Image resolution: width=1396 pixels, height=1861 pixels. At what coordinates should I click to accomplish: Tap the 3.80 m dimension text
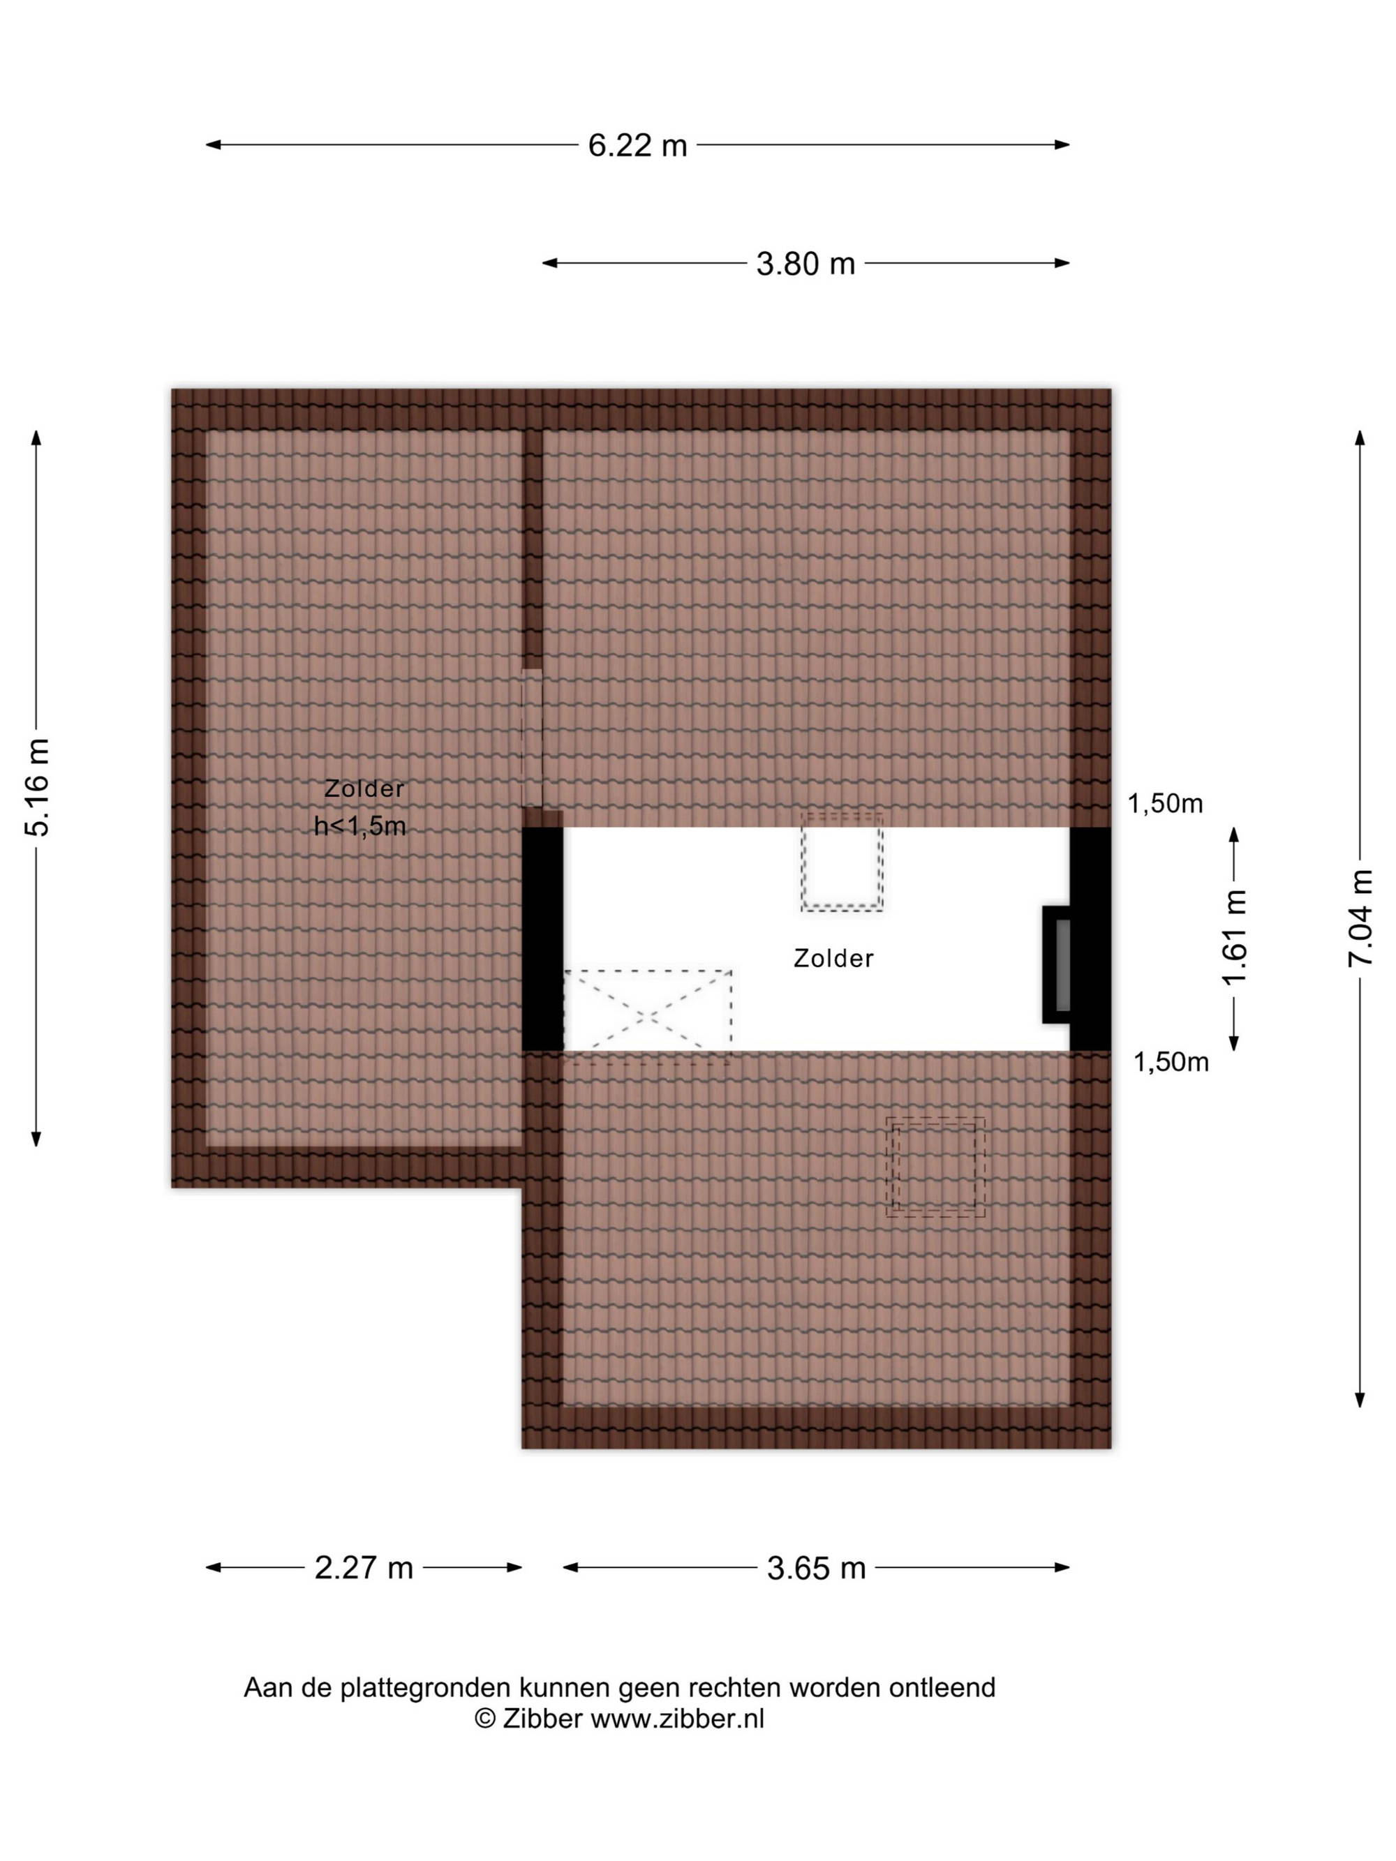805,263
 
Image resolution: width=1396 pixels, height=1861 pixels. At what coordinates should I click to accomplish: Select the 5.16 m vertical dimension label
38,788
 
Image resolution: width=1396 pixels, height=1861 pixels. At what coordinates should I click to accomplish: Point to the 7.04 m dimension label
1360,917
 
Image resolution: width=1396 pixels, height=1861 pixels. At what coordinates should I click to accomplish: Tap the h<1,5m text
360,826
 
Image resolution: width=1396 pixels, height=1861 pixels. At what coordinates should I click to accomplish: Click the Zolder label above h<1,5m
364,789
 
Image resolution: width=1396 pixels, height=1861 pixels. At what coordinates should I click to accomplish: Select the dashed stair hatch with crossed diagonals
647,1016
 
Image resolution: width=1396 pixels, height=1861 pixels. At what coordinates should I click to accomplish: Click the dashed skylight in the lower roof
935,1166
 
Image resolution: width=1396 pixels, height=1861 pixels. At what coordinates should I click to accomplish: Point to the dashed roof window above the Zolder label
842,862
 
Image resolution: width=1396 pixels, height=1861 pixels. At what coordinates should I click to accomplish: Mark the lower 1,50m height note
1171,1063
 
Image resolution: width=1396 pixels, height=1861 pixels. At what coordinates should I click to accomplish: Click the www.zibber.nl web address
677,1718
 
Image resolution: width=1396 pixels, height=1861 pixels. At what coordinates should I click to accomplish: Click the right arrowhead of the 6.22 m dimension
1063,144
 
